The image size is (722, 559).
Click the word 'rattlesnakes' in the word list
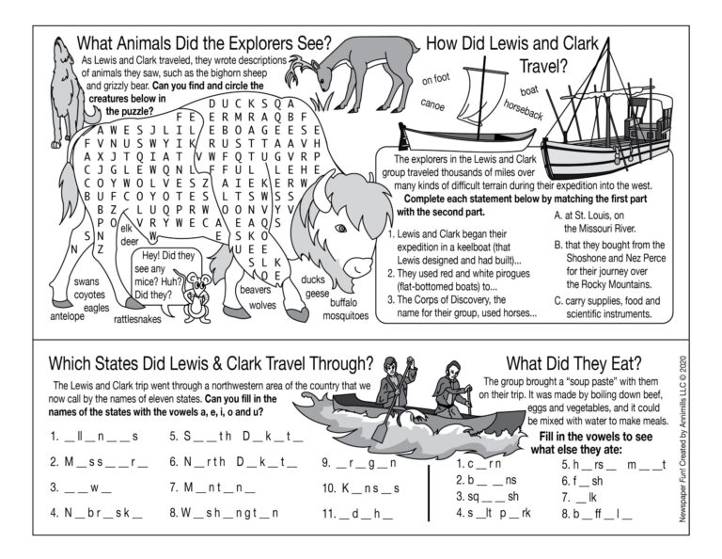point(139,319)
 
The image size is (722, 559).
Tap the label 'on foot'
point(437,77)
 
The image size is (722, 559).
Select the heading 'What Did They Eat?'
point(574,363)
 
